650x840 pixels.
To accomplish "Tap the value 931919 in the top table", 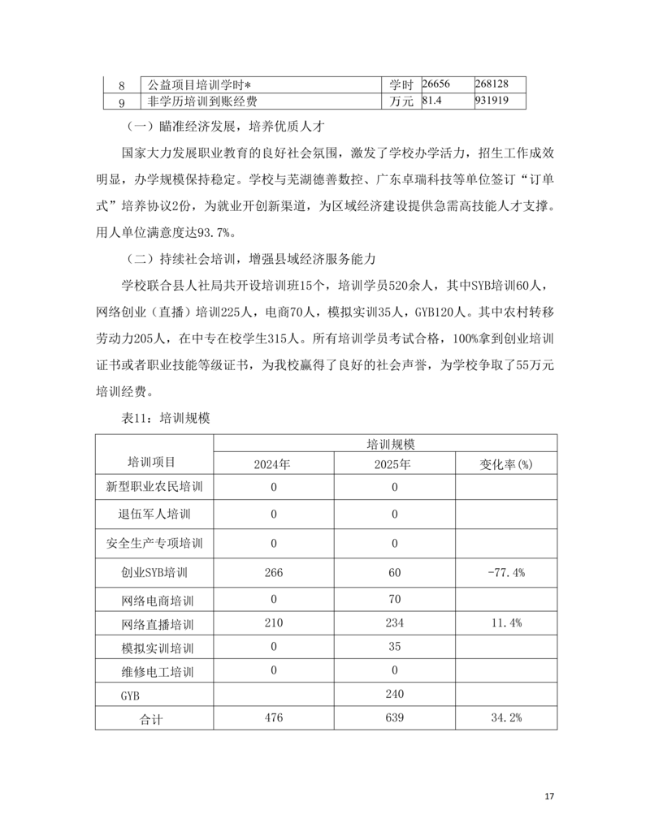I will click(x=493, y=101).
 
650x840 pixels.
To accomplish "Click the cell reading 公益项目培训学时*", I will click(x=200, y=84).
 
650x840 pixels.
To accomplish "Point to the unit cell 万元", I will click(x=401, y=101).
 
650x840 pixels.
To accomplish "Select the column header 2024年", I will click(x=273, y=464).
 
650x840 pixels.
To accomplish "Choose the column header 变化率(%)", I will click(x=505, y=464).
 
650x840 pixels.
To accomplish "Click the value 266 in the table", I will click(x=273, y=572).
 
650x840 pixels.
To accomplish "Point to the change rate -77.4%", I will click(x=505, y=572).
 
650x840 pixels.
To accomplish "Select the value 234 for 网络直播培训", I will click(x=395, y=623).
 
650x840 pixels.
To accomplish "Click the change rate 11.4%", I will click(x=505, y=623).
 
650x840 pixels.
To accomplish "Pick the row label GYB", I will click(x=131, y=696).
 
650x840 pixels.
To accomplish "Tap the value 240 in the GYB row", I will click(x=395, y=694).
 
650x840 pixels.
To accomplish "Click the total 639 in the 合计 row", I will click(x=395, y=717).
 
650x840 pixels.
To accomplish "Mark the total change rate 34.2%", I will click(x=505, y=717).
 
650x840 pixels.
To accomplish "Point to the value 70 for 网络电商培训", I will click(x=395, y=599).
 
